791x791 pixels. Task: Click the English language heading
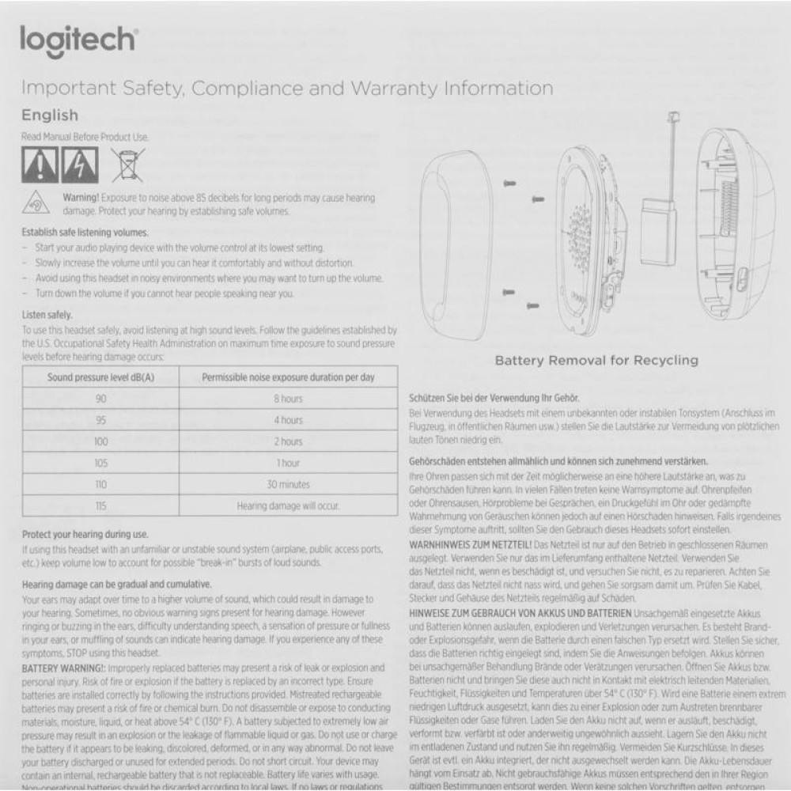50,115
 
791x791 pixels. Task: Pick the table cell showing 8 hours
288,399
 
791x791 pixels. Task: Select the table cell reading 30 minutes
288,484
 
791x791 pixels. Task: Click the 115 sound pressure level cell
100,505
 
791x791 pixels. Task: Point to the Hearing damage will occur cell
288,505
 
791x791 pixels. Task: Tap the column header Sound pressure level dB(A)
100,377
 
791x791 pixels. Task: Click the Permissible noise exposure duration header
288,377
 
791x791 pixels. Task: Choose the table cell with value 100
100,441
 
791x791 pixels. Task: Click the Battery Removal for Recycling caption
596,361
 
